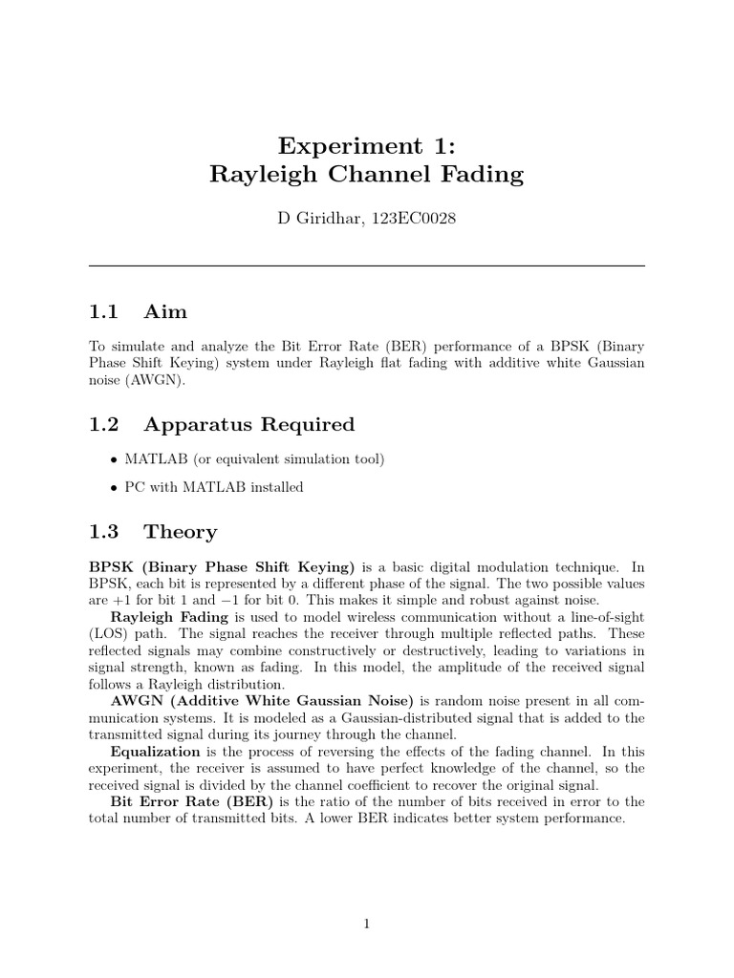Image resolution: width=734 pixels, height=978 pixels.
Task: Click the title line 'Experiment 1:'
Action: pyautogui.click(x=367, y=145)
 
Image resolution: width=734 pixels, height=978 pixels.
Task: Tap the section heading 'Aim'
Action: pyautogui.click(x=165, y=312)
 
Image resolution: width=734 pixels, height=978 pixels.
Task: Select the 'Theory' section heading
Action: pyautogui.click(x=180, y=531)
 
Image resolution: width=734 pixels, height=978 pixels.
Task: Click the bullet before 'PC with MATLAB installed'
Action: pyautogui.click(x=115, y=487)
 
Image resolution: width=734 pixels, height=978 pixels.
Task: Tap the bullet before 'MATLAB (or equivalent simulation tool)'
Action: pyautogui.click(x=115, y=459)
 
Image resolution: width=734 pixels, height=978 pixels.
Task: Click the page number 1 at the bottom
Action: pyautogui.click(x=367, y=924)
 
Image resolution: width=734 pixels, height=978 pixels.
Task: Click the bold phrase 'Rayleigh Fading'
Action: pyautogui.click(x=166, y=617)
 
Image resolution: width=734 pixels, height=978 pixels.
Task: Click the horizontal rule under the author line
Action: pyautogui.click(x=367, y=266)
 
